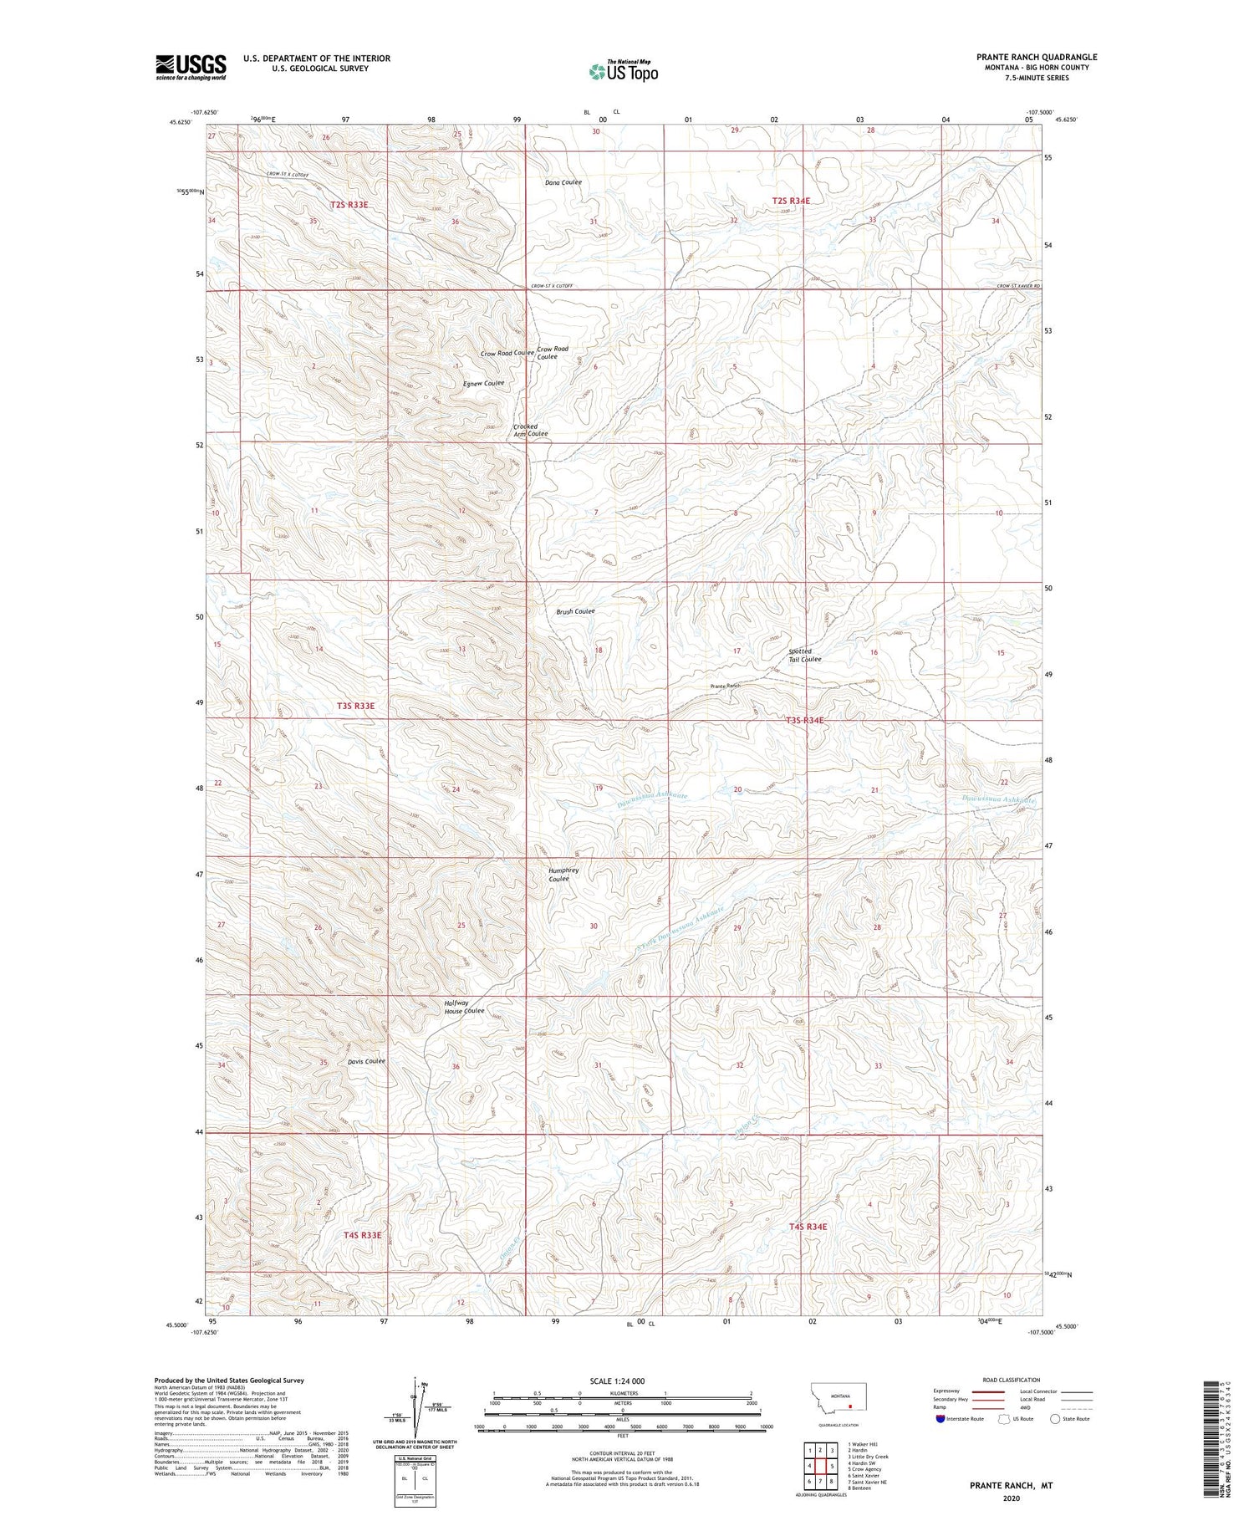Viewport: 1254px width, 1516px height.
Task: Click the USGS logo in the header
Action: point(191,67)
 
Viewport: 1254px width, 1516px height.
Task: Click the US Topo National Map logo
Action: point(623,71)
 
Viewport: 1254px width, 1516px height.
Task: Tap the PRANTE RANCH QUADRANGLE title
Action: point(1037,57)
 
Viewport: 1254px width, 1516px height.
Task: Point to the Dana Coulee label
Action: point(563,182)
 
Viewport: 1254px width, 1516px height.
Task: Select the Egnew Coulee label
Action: point(483,384)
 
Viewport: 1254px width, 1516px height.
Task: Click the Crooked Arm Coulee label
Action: point(530,431)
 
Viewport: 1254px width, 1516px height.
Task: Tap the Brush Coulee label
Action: point(575,611)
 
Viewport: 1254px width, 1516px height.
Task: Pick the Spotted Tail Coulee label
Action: point(805,655)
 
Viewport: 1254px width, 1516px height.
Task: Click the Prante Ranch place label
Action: point(725,686)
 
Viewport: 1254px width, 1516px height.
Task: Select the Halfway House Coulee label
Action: point(464,1007)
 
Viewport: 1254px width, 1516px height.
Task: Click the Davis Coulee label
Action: point(366,1061)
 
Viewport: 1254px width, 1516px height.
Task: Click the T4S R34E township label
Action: point(808,1227)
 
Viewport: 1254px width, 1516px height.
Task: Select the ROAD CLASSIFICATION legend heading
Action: point(1012,1380)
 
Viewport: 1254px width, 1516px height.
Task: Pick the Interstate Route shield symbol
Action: point(940,1419)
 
